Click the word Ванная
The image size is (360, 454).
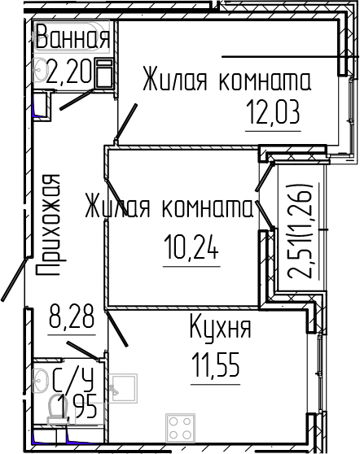72,37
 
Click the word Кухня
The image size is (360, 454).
219,330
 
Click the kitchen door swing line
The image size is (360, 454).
116,330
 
